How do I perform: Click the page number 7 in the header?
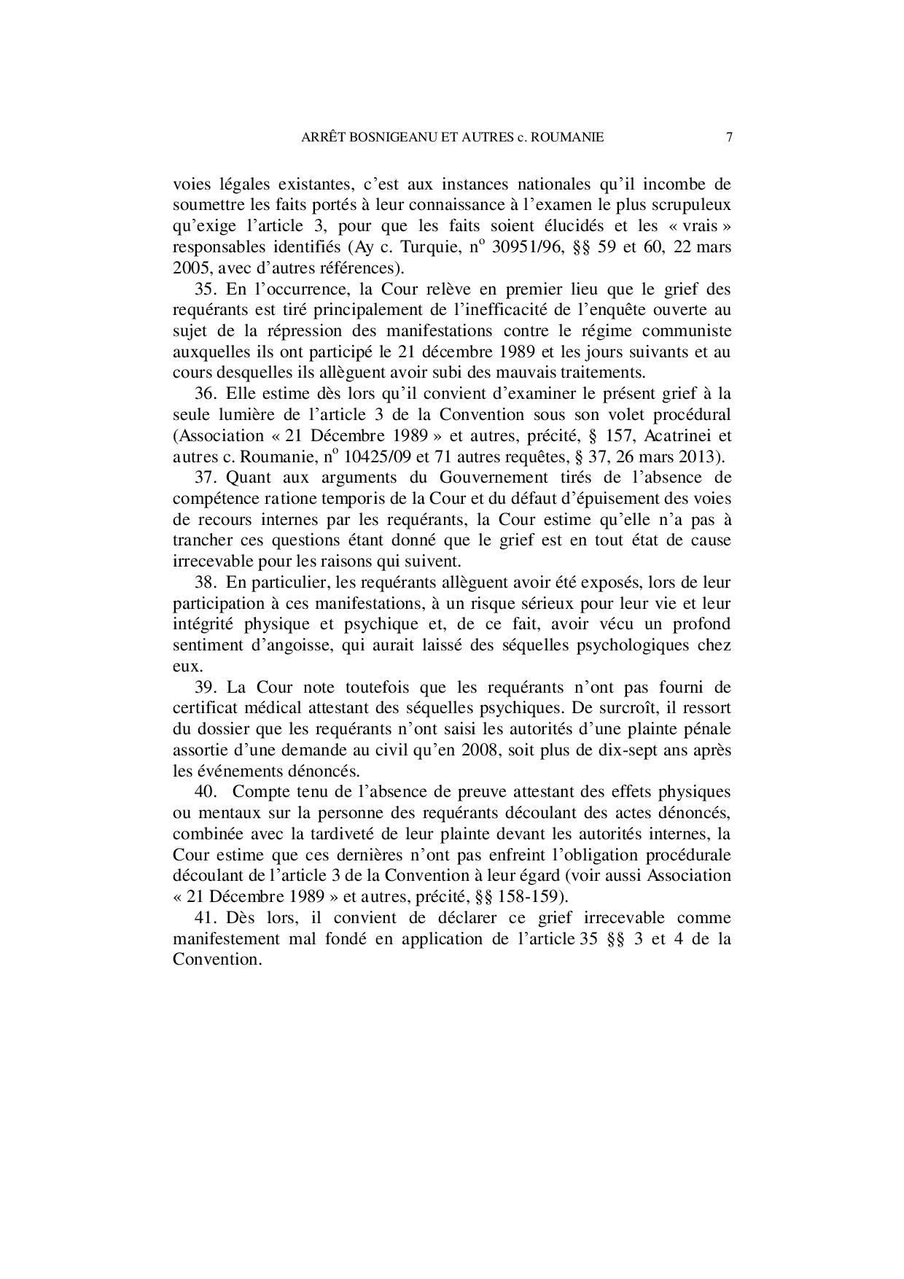[728, 137]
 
